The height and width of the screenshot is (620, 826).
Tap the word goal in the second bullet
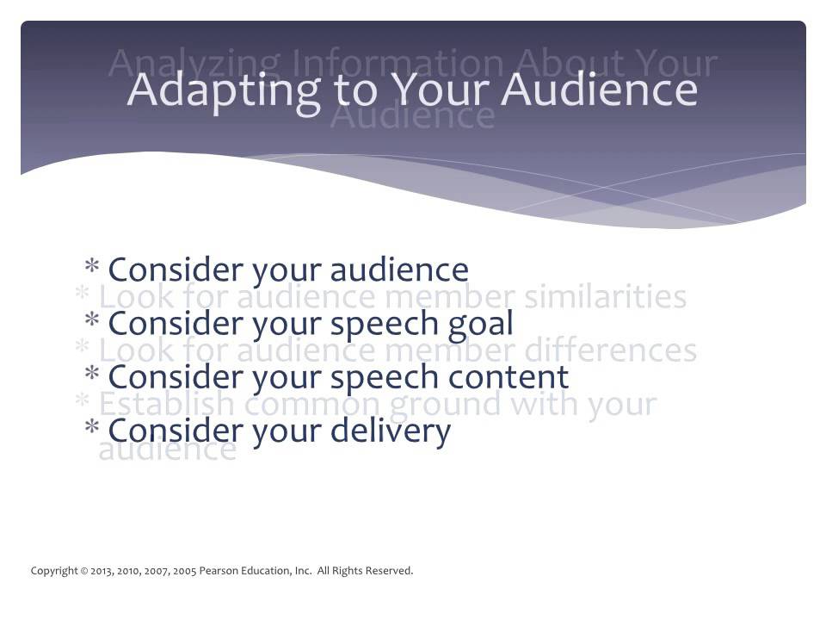[x=481, y=324]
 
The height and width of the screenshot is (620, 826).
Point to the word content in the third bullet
[x=509, y=376]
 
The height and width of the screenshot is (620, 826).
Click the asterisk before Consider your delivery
[x=92, y=430]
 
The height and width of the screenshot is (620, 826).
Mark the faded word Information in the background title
[x=396, y=64]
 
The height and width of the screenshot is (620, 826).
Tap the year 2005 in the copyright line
[x=184, y=571]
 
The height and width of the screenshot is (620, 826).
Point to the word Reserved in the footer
[x=390, y=571]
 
